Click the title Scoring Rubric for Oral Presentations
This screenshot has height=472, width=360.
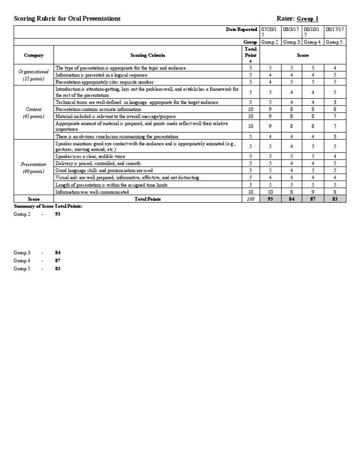point(67,18)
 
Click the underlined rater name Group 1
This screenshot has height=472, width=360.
point(307,18)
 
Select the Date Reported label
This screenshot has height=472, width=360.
point(241,30)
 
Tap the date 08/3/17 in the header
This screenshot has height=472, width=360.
point(292,30)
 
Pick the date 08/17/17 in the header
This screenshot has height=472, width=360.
point(335,30)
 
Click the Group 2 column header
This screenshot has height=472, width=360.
point(270,42)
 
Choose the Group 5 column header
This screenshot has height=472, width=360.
point(335,42)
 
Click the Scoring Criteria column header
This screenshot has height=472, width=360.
point(148,55)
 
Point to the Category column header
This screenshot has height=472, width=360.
point(34,55)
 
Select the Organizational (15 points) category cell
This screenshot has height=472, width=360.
point(34,75)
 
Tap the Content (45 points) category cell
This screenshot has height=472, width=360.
point(34,113)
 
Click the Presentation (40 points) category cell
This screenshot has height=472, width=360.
point(34,167)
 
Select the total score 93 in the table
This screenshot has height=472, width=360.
point(270,199)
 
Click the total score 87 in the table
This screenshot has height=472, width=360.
point(313,199)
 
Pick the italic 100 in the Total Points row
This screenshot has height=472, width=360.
point(250,199)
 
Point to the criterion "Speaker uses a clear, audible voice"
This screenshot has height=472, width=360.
point(90,156)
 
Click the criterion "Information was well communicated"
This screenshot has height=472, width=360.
point(92,192)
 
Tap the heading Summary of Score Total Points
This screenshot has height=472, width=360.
point(48,206)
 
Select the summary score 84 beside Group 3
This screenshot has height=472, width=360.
point(58,252)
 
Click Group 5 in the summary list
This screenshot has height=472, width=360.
point(22,268)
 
